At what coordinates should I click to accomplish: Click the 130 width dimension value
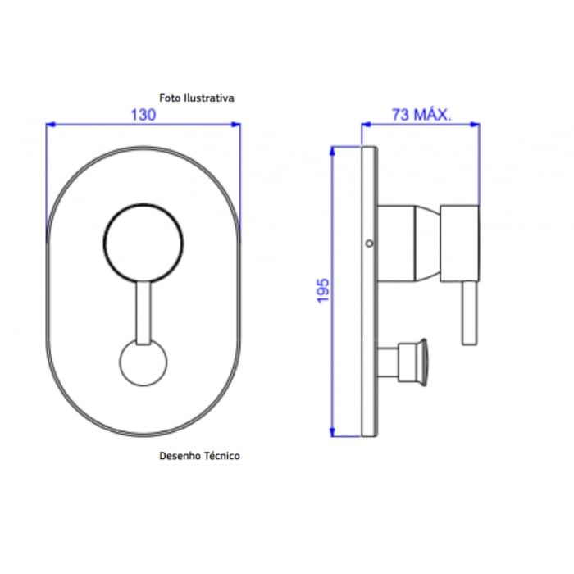[x=143, y=115]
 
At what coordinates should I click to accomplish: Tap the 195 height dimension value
[x=323, y=291]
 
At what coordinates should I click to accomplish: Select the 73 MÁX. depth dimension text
[x=421, y=115]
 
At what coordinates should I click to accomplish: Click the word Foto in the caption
[x=170, y=98]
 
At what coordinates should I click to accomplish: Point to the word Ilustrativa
[x=209, y=98]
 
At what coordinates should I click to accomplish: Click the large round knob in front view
[x=143, y=243]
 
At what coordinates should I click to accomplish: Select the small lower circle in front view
[x=143, y=362]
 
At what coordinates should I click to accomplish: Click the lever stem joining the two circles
[x=143, y=313]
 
